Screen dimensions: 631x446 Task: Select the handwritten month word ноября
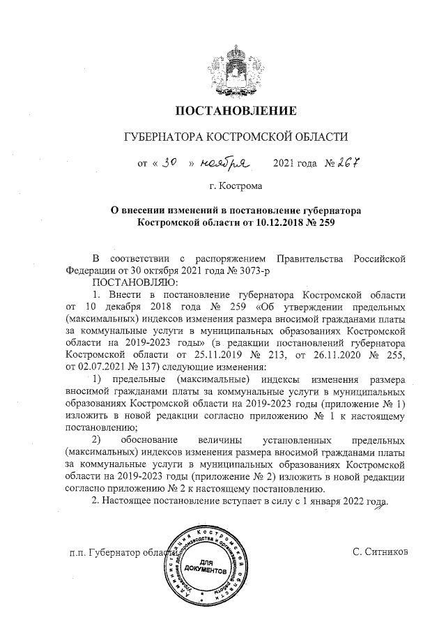224,164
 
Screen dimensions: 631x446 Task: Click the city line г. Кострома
236,187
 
